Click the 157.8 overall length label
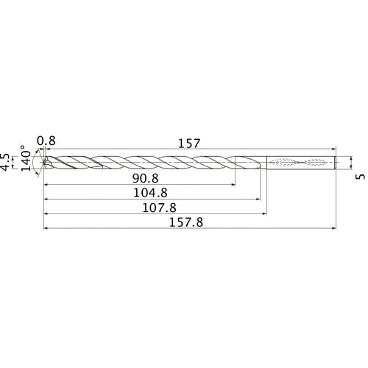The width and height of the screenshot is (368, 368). click(189, 222)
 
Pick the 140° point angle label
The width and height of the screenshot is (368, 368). click(24, 159)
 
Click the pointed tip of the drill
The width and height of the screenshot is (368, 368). click(44, 163)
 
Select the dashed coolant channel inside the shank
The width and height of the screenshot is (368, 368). click(298, 163)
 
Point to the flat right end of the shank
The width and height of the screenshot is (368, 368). click(337, 163)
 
